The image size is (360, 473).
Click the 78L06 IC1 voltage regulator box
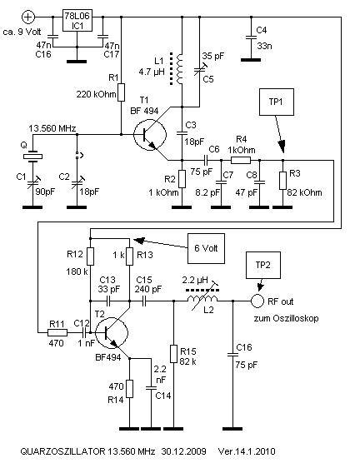click(77, 21)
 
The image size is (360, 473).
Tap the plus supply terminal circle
click(28, 17)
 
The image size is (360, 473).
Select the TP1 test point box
click(277, 102)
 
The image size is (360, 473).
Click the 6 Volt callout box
click(206, 248)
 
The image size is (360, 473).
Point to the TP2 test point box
click(263, 265)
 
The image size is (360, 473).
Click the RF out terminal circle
click(257, 301)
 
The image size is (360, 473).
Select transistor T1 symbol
click(150, 135)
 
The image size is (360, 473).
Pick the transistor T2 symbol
click(112, 333)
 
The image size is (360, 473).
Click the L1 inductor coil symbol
click(180, 69)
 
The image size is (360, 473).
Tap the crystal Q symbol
click(32, 157)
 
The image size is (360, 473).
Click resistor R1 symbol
click(122, 92)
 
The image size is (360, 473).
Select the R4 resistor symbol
click(241, 160)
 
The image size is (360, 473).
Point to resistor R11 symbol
click(57, 333)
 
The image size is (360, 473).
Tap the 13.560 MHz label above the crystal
click(52, 128)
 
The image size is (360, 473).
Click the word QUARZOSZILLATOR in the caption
click(62, 451)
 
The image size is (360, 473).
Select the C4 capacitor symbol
click(251, 37)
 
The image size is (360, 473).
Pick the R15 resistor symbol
click(173, 354)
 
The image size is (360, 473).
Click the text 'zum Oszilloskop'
click(286, 319)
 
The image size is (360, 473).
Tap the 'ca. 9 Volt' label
click(22, 32)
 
